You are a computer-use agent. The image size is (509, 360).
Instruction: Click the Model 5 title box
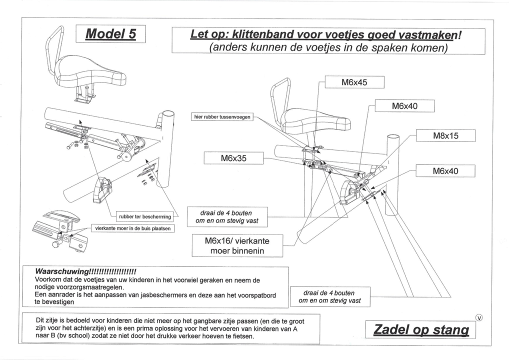point(110,33)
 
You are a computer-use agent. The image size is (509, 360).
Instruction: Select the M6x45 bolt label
point(354,82)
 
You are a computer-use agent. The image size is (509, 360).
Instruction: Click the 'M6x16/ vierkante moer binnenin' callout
point(237,245)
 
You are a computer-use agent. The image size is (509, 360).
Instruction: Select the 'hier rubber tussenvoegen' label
point(222,117)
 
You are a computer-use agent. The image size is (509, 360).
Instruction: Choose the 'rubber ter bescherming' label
point(144,216)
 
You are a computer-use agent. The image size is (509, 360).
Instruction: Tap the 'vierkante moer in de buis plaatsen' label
point(132,228)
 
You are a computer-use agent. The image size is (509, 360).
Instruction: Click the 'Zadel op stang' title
point(421,329)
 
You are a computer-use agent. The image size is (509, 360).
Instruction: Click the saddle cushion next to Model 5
point(90,71)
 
